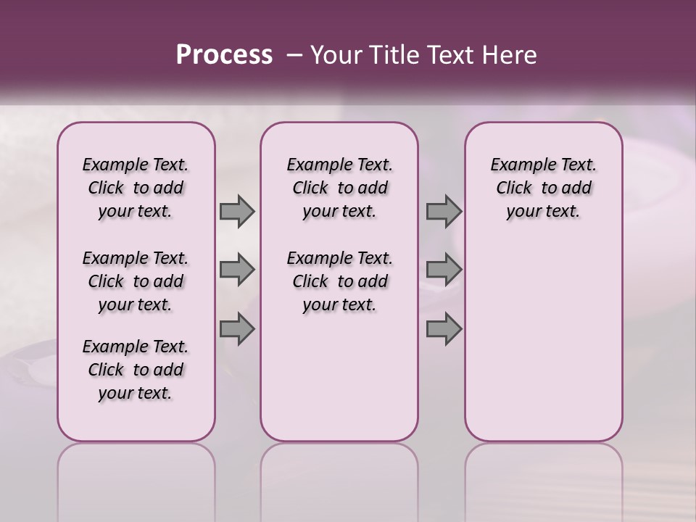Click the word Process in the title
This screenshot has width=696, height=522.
(224, 55)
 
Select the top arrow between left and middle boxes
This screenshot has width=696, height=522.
(237, 211)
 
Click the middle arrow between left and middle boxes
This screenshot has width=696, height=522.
(237, 270)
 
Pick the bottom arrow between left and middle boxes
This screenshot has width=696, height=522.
(237, 329)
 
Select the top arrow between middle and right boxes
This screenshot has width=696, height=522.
(444, 211)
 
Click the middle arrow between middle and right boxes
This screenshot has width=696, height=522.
(444, 270)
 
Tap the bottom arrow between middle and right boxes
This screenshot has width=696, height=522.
(444, 329)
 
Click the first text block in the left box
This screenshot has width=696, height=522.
(136, 188)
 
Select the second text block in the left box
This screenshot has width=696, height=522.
(136, 281)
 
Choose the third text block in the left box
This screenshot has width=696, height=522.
(136, 370)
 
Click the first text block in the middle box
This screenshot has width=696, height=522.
(339, 188)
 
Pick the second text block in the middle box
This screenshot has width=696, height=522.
(339, 281)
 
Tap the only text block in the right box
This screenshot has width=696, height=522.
(543, 188)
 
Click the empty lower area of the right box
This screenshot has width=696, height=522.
(543, 341)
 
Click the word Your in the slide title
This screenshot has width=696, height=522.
(332, 55)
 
